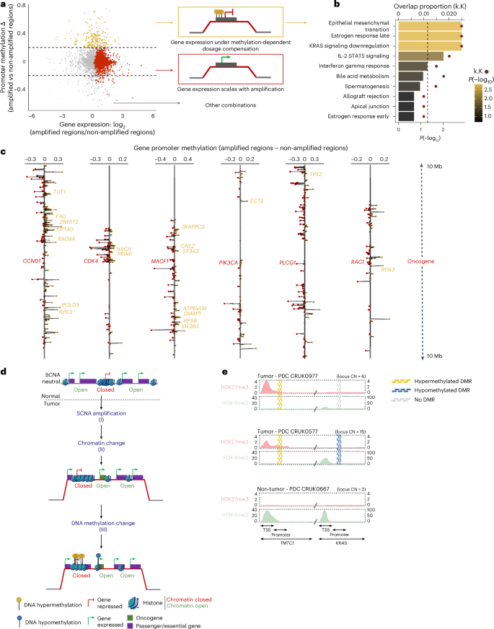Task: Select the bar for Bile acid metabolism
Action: [410, 75]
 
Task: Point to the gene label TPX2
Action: [315, 175]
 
